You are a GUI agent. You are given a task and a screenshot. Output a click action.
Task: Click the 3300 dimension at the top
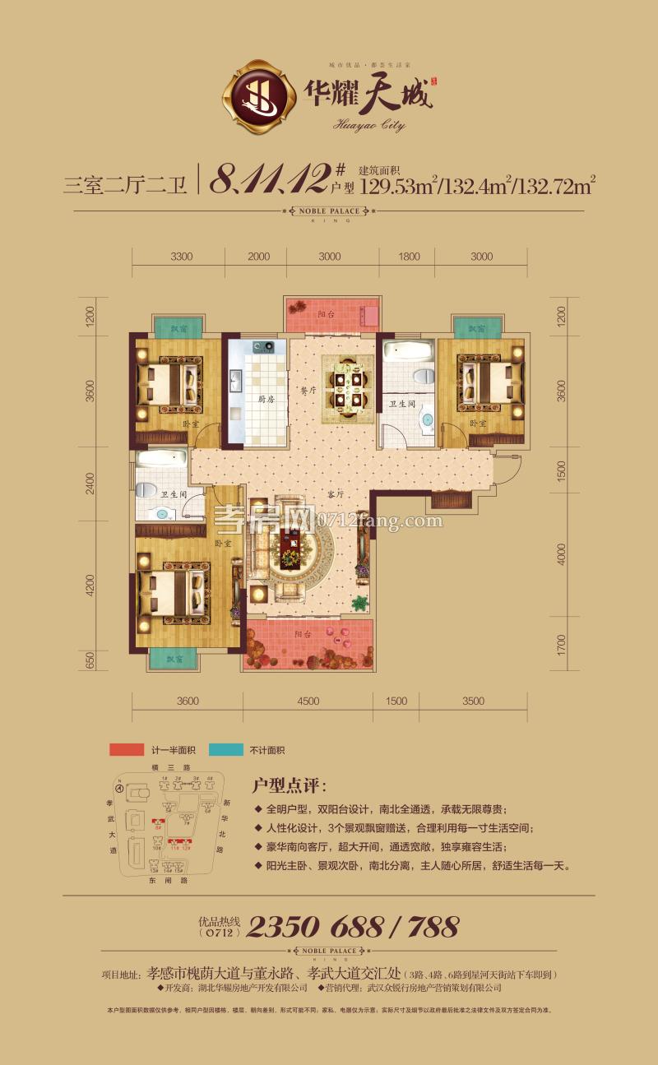[x=182, y=257]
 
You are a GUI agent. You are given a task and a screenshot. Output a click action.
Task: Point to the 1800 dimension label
[x=409, y=257]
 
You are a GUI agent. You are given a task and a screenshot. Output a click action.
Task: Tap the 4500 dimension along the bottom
[x=308, y=701]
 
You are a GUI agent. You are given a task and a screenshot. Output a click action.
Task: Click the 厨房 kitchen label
[x=265, y=400]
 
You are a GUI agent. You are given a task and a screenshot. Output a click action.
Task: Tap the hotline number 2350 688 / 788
[x=352, y=927]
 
